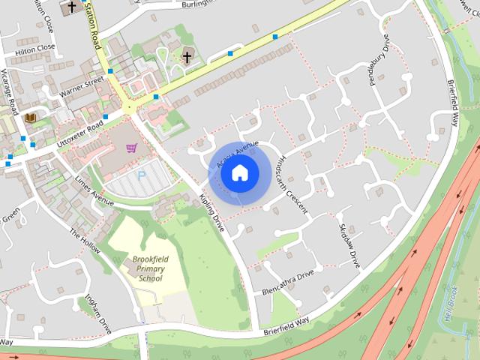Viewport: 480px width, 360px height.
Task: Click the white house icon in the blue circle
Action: pyautogui.click(x=239, y=173)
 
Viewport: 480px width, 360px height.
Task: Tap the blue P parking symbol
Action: pyautogui.click(x=142, y=176)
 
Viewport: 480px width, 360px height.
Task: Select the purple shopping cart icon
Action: pyautogui.click(x=132, y=148)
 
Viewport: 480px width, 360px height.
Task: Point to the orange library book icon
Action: pyautogui.click(x=31, y=118)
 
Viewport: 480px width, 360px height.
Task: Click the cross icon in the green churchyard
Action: pyautogui.click(x=187, y=56)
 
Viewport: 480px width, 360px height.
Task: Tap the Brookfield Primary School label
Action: pyautogui.click(x=150, y=268)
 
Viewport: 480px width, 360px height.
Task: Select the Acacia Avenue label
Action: pyautogui.click(x=237, y=154)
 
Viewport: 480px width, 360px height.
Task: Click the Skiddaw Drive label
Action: pyautogui.click(x=350, y=245)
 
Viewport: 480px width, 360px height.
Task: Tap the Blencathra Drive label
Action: pyautogui.click(x=289, y=282)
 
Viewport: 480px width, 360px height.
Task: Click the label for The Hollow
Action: pyautogui.click(x=84, y=242)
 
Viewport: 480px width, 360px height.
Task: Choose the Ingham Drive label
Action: pyautogui.click(x=98, y=313)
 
